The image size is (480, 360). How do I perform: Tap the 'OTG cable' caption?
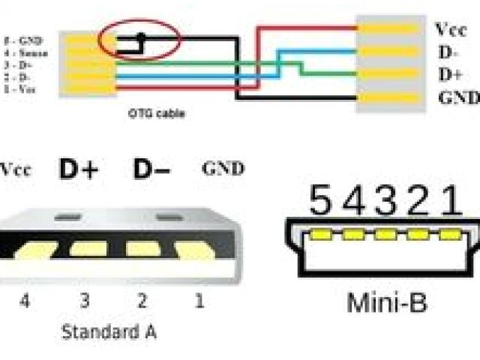coord(155,114)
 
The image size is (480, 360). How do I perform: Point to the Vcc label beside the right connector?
coord(450,29)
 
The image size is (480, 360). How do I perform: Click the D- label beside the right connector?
coord(448,52)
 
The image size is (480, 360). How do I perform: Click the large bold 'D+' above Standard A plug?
coord(79,170)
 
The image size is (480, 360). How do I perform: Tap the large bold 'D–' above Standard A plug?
coord(152,170)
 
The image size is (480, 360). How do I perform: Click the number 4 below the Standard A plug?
coord(25,301)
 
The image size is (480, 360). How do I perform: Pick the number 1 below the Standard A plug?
coord(199,301)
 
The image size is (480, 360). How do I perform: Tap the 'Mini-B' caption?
coord(386,303)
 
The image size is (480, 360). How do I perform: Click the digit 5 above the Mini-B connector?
coord(320,201)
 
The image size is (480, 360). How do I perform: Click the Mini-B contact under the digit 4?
coord(353,235)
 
